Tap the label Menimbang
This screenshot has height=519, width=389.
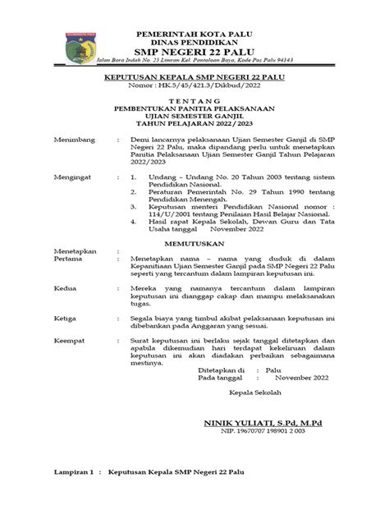[x=75, y=140]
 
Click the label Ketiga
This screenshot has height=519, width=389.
[x=66, y=318]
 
